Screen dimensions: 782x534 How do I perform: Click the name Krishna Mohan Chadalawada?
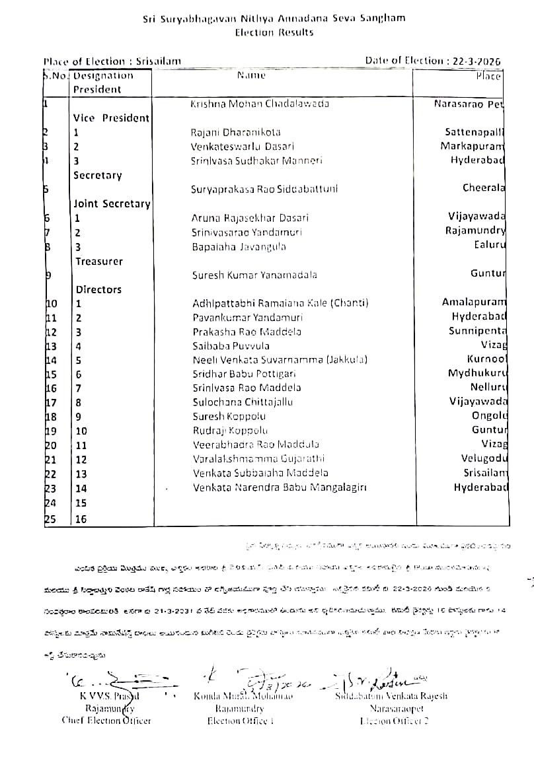259,104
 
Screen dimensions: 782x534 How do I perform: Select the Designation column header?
103,75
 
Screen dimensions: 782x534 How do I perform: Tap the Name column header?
251,75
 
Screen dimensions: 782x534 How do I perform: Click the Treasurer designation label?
98,262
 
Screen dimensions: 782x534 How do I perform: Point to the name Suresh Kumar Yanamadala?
254,275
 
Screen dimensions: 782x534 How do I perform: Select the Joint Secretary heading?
112,204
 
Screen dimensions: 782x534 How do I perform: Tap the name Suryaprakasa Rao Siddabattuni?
264,189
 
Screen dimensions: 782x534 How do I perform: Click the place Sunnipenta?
477,331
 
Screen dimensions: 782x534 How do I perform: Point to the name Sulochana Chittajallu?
243,402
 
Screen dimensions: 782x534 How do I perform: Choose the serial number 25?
50,519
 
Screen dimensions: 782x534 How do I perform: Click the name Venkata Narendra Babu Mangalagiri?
280,487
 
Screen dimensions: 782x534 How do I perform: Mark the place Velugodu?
484,458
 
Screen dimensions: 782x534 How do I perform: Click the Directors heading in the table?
98,289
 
